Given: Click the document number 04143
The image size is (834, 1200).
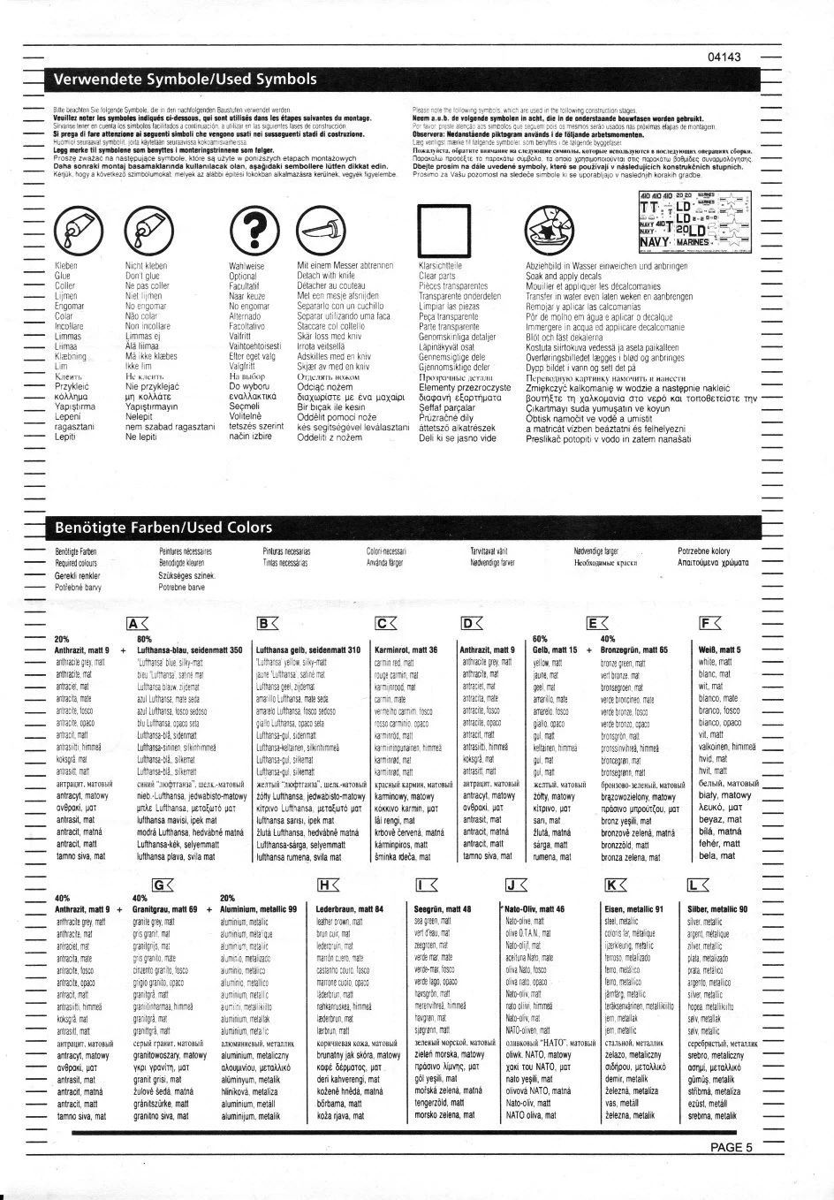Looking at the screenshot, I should pyautogui.click(x=724, y=57).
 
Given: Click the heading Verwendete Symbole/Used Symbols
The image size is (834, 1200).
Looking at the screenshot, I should pyautogui.click(x=186, y=80).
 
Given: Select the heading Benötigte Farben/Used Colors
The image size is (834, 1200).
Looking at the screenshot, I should pyautogui.click(x=163, y=528).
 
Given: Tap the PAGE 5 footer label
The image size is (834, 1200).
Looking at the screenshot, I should pyautogui.click(x=731, y=1148).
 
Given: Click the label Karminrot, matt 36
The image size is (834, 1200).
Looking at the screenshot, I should pyautogui.click(x=406, y=649).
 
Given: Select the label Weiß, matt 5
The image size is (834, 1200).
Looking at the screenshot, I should pyautogui.click(x=719, y=649).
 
